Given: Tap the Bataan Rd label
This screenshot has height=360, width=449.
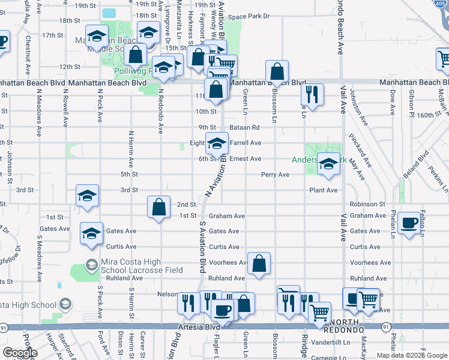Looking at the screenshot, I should pyautogui.click(x=247, y=127).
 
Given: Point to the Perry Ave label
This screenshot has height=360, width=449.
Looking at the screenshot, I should pyautogui.click(x=275, y=175).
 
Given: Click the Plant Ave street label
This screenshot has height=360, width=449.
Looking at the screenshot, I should pyautogui.click(x=323, y=190).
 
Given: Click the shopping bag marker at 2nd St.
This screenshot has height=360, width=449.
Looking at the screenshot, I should pyautogui.click(x=158, y=208).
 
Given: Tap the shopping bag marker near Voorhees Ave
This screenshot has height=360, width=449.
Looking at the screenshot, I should pyautogui.click(x=258, y=263).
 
